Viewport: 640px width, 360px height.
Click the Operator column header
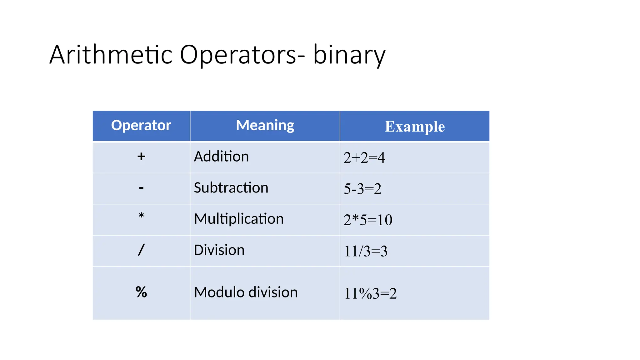(141, 125)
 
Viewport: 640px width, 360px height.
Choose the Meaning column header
(265, 125)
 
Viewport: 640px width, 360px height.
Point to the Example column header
(415, 127)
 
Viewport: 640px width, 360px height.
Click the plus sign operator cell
(141, 156)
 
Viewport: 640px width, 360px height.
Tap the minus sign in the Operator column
(141, 188)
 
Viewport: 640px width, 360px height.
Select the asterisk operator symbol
(141, 216)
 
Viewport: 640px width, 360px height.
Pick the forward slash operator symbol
(141, 250)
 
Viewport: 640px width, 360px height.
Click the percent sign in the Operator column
(141, 292)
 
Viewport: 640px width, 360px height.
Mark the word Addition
(221, 156)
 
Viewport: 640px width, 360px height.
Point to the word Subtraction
(231, 187)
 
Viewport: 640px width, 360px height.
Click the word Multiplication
(239, 219)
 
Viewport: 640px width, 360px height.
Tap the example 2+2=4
(364, 157)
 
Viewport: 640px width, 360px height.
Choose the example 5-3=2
(362, 189)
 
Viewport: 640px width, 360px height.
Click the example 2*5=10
(368, 220)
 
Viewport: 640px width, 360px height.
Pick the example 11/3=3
(366, 251)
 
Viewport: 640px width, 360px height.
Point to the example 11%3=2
(370, 293)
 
